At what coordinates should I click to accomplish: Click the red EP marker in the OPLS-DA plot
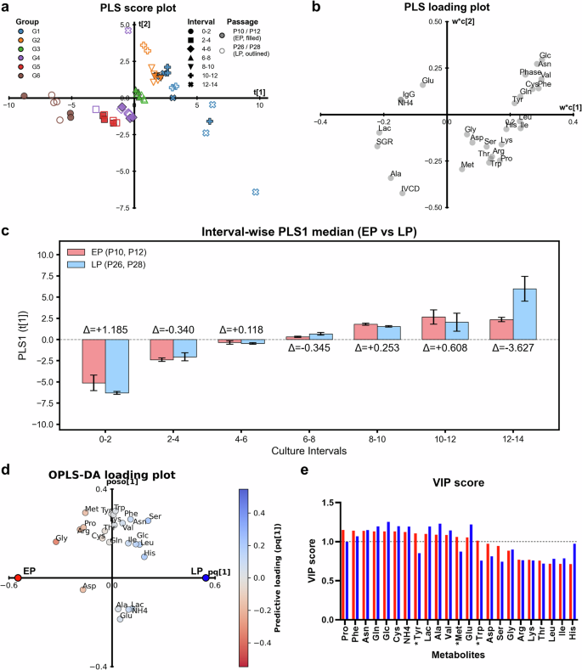18,577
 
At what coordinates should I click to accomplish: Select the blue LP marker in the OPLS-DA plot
206,577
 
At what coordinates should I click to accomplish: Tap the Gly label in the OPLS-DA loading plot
62,538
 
